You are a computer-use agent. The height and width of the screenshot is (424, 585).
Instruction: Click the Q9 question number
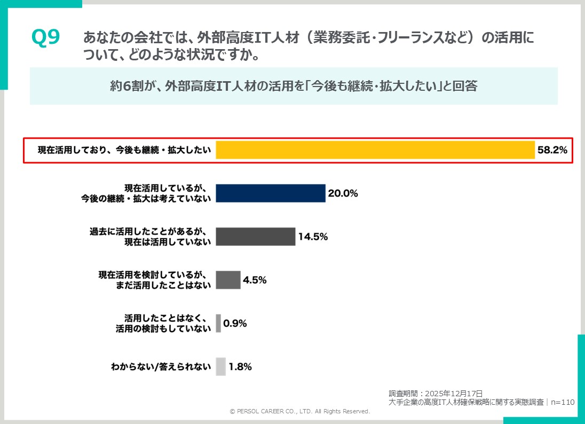(x=45, y=38)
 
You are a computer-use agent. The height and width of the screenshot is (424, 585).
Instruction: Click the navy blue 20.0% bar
(x=271, y=193)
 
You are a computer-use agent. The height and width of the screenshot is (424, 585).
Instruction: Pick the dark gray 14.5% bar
(x=255, y=237)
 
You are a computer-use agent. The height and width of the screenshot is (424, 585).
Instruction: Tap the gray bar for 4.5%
(x=228, y=280)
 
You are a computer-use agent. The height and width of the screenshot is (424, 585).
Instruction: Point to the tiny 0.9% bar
(x=218, y=323)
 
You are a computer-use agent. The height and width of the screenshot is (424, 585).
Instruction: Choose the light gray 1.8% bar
(x=220, y=366)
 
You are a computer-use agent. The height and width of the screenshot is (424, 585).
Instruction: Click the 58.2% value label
(x=552, y=150)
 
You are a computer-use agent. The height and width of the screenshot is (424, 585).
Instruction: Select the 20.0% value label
(x=343, y=193)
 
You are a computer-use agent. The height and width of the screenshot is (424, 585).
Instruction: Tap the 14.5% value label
(x=313, y=237)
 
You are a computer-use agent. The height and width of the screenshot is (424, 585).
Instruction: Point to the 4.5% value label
(x=255, y=280)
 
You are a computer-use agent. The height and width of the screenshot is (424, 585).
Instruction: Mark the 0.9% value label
(x=235, y=323)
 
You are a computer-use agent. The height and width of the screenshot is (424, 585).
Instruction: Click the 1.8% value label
(x=240, y=367)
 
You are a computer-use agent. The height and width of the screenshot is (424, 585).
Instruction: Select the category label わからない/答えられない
(x=161, y=367)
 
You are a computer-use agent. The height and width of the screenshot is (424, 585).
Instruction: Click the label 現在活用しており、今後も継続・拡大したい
(x=124, y=150)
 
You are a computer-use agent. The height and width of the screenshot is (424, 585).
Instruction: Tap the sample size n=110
(x=562, y=402)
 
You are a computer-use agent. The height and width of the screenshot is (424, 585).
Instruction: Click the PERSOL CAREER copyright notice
(x=299, y=412)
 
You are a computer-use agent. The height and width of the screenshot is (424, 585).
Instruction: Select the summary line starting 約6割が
(x=293, y=86)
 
